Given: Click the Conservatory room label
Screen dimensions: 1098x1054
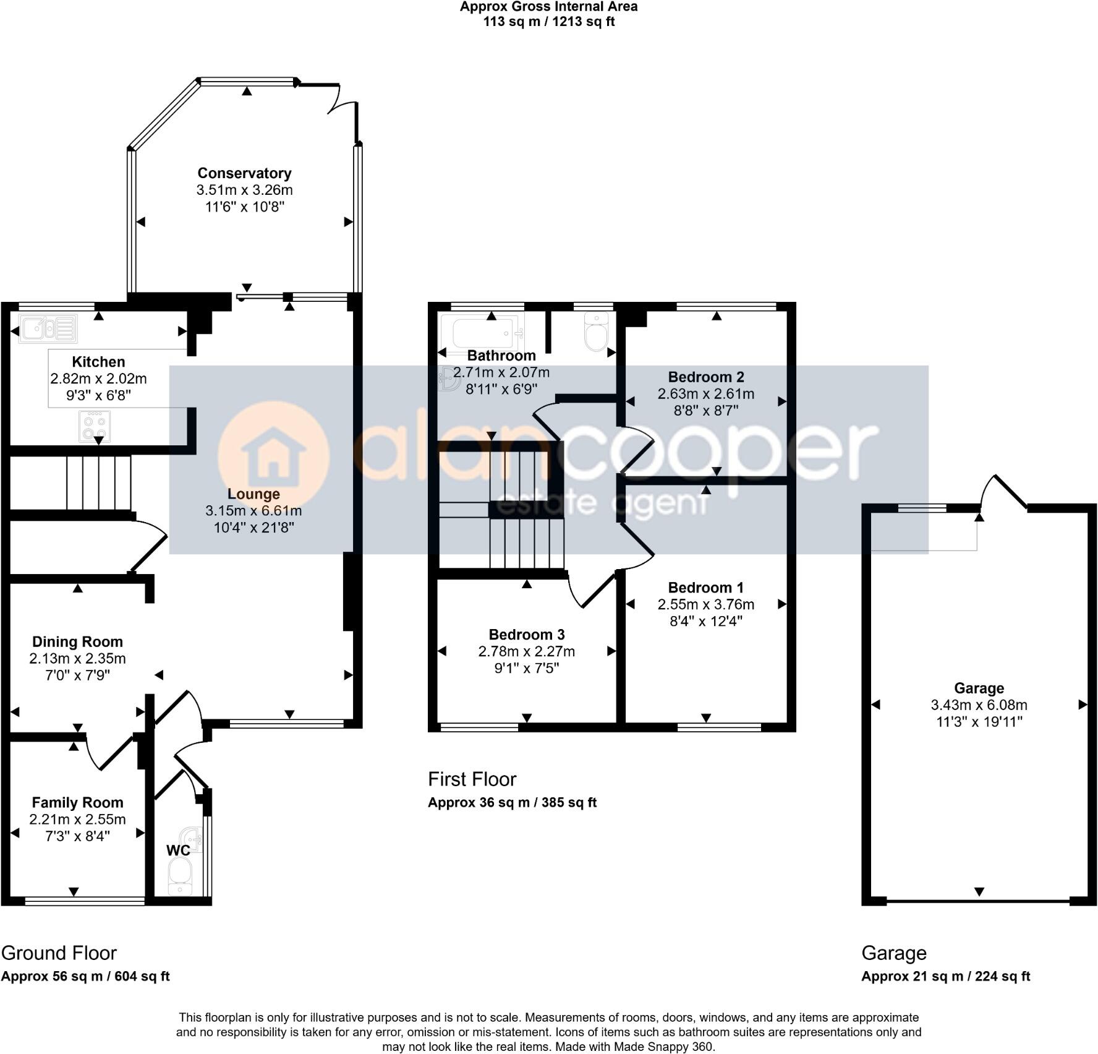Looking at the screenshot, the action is (x=244, y=173).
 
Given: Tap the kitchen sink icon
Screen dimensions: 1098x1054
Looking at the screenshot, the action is (x=48, y=328).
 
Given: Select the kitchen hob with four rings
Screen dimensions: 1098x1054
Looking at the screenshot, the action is (x=95, y=426).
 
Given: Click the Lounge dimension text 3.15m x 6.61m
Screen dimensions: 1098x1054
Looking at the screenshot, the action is (x=253, y=511).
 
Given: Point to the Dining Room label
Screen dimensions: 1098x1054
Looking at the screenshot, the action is (x=77, y=642).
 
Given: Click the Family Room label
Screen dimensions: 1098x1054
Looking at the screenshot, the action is (x=77, y=803).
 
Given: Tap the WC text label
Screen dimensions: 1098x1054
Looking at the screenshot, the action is (x=178, y=850).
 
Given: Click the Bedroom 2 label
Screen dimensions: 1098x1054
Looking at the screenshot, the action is (x=706, y=377).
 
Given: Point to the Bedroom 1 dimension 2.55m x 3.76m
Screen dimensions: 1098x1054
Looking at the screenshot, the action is (x=706, y=604).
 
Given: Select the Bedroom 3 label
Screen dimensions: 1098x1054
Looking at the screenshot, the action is (x=527, y=635).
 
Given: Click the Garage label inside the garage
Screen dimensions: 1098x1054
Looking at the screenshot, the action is (x=979, y=688).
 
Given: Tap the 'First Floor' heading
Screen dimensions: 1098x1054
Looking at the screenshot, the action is (x=472, y=779).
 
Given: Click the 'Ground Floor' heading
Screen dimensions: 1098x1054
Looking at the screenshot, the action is (x=59, y=953).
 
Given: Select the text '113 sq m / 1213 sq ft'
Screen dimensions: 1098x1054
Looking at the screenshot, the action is (x=549, y=22).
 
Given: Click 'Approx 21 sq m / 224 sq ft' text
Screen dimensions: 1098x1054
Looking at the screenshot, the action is (x=946, y=977).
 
